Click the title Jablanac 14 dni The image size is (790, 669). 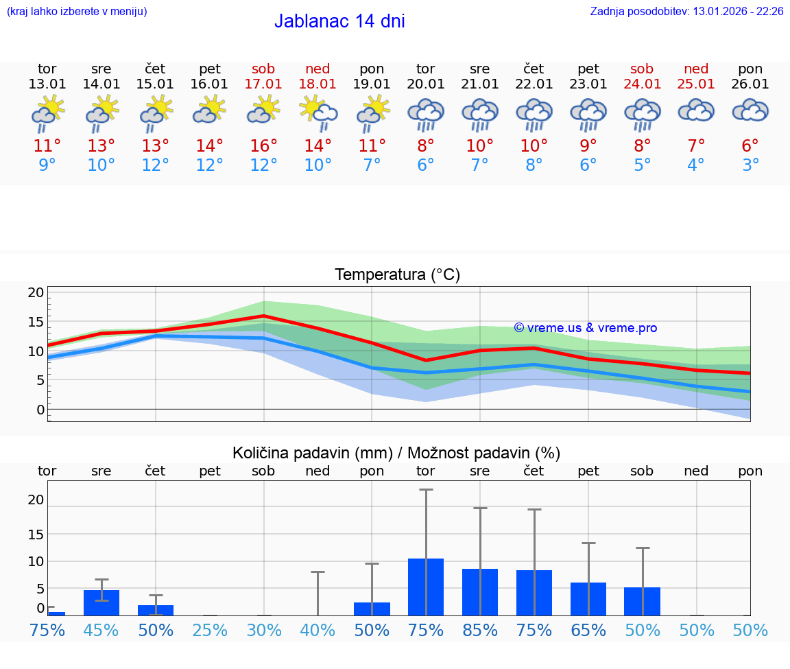339,21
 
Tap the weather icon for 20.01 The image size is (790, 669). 426,115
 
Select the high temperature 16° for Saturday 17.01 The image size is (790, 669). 264,146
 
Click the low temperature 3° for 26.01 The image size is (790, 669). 750,165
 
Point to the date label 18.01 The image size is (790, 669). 318,84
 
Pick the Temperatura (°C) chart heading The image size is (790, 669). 397,275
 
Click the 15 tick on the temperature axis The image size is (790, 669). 36,322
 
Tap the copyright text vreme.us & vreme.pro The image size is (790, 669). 586,328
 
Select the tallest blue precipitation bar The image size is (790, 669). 426,587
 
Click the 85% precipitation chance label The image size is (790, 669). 480,630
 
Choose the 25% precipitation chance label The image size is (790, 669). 210,630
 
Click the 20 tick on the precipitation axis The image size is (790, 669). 36,500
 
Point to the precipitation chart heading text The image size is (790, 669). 396,453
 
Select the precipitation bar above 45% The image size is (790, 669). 101,602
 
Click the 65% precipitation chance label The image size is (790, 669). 588,630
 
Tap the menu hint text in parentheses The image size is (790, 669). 77,12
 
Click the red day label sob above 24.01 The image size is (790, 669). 642,69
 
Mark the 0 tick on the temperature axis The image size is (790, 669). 40,410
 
